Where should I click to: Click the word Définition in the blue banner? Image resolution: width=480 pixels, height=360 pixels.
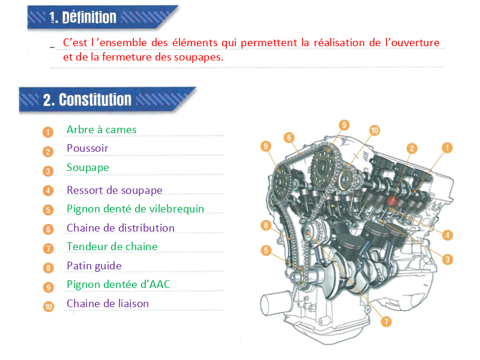pyautogui.click(x=89, y=17)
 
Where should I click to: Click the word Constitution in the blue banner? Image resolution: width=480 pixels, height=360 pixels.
pyautogui.click(x=95, y=100)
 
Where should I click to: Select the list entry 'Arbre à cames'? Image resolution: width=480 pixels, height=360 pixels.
pyautogui.click(x=101, y=130)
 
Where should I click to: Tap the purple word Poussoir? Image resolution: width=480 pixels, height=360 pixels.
pyautogui.click(x=88, y=148)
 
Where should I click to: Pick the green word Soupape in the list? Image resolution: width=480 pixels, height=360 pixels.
pyautogui.click(x=88, y=168)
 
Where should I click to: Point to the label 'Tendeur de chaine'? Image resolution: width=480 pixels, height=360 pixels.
pyautogui.click(x=112, y=247)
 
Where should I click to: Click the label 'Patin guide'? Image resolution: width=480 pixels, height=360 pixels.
pyautogui.click(x=94, y=266)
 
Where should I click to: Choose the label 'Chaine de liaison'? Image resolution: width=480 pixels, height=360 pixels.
pyautogui.click(x=108, y=304)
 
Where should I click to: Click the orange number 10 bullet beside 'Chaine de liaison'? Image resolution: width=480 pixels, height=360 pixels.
pyautogui.click(x=49, y=307)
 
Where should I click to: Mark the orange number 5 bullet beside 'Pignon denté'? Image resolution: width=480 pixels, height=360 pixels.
pyautogui.click(x=48, y=210)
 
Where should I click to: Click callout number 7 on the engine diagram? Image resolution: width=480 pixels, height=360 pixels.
pyautogui.click(x=386, y=322)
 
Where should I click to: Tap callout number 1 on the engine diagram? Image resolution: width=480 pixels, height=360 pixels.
pyautogui.click(x=447, y=148)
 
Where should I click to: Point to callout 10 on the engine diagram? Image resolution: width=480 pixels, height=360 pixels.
pyautogui.click(x=374, y=130)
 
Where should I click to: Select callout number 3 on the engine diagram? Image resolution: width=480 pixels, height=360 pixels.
pyautogui.click(x=448, y=260)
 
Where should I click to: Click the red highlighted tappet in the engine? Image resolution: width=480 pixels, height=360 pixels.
pyautogui.click(x=392, y=200)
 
